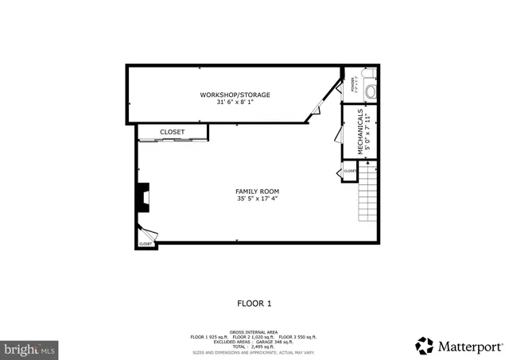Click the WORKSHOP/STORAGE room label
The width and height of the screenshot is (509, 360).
pos(235,95)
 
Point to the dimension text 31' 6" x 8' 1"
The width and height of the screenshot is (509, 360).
pos(235,103)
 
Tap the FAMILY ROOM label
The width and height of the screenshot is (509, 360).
pos(257,192)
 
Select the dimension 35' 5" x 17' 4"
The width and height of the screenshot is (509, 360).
pos(257,199)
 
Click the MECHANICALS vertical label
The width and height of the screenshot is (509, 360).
pos(362,131)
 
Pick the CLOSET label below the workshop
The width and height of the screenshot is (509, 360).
pos(172,132)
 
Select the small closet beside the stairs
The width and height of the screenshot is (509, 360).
pos(350,171)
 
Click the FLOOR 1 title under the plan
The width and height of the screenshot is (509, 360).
pos(254,303)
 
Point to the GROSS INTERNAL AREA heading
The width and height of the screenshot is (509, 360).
pos(254,332)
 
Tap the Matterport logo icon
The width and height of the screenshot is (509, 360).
pos(425,346)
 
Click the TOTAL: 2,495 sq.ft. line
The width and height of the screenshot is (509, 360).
pos(254,346)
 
